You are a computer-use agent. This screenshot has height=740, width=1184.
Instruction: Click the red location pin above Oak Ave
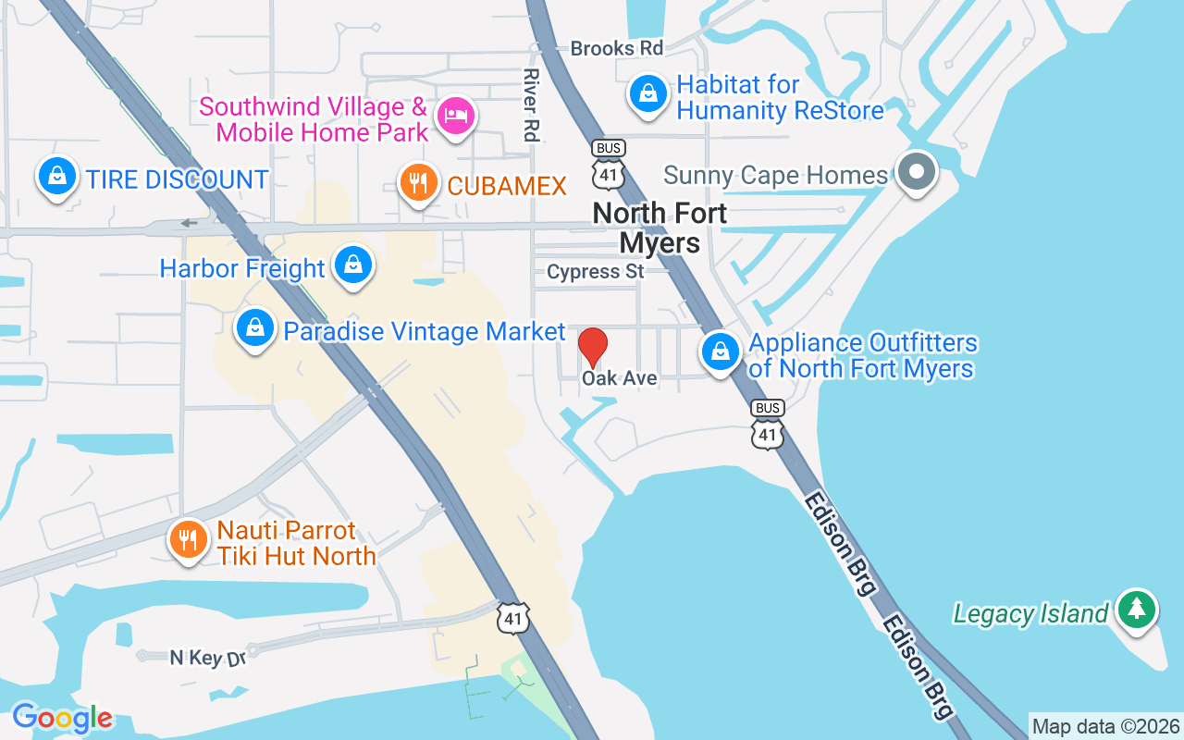tap(593, 347)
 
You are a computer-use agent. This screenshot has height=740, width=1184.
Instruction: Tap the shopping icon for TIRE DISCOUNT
tap(57, 175)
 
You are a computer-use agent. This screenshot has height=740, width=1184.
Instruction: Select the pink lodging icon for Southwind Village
tap(456, 116)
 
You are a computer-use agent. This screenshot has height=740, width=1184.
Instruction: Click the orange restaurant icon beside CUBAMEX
tap(418, 182)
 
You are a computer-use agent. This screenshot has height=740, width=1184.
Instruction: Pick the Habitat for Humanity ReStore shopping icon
tap(649, 93)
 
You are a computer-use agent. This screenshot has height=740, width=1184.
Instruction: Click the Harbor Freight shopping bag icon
tap(352, 265)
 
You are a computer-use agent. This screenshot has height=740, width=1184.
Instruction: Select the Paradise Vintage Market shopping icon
tap(254, 327)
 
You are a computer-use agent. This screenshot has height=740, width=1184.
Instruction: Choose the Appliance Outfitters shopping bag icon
tap(720, 351)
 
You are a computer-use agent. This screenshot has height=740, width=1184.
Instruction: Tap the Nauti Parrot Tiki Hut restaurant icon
tap(190, 539)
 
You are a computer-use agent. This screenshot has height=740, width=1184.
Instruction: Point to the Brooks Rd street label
tap(617, 48)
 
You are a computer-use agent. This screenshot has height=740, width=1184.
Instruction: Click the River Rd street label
tap(530, 105)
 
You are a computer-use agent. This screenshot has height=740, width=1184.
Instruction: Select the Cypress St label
tap(595, 272)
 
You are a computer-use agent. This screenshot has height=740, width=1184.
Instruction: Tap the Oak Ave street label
tap(619, 378)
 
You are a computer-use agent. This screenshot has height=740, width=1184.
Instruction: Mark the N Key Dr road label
tap(208, 658)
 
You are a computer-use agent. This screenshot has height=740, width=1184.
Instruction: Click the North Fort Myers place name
tap(660, 228)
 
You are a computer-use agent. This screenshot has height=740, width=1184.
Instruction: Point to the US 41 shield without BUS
tap(513, 618)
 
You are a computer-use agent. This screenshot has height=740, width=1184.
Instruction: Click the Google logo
tap(62, 718)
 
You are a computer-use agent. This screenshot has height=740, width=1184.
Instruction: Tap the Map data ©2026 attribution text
tap(1105, 726)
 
